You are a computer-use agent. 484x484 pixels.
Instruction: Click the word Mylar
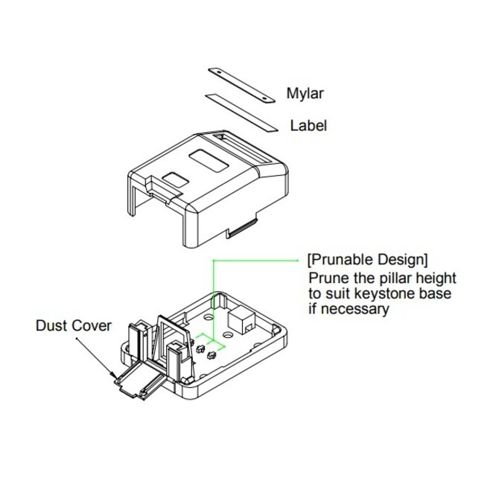click(305, 94)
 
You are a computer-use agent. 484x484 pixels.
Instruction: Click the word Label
click(308, 125)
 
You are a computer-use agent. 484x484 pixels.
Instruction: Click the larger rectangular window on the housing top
click(207, 161)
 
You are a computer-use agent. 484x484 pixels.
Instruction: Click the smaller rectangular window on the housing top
click(176, 180)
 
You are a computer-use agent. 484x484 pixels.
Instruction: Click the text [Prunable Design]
click(368, 260)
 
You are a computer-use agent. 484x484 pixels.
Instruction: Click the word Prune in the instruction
click(327, 278)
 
